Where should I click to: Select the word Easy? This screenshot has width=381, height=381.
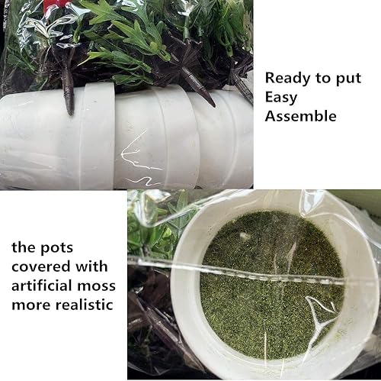[281, 98]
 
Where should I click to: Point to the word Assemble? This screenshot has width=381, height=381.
[301, 116]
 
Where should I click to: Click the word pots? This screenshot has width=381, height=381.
[56, 248]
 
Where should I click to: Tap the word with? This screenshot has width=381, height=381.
[91, 266]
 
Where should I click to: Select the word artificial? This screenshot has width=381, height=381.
[42, 286]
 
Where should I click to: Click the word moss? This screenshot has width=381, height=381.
[97, 286]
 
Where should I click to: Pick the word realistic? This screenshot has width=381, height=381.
[84, 305]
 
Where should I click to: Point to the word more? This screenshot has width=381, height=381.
[30, 305]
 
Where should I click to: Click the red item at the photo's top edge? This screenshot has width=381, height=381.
[54, 5]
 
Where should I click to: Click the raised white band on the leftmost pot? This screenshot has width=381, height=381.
[97, 135]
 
